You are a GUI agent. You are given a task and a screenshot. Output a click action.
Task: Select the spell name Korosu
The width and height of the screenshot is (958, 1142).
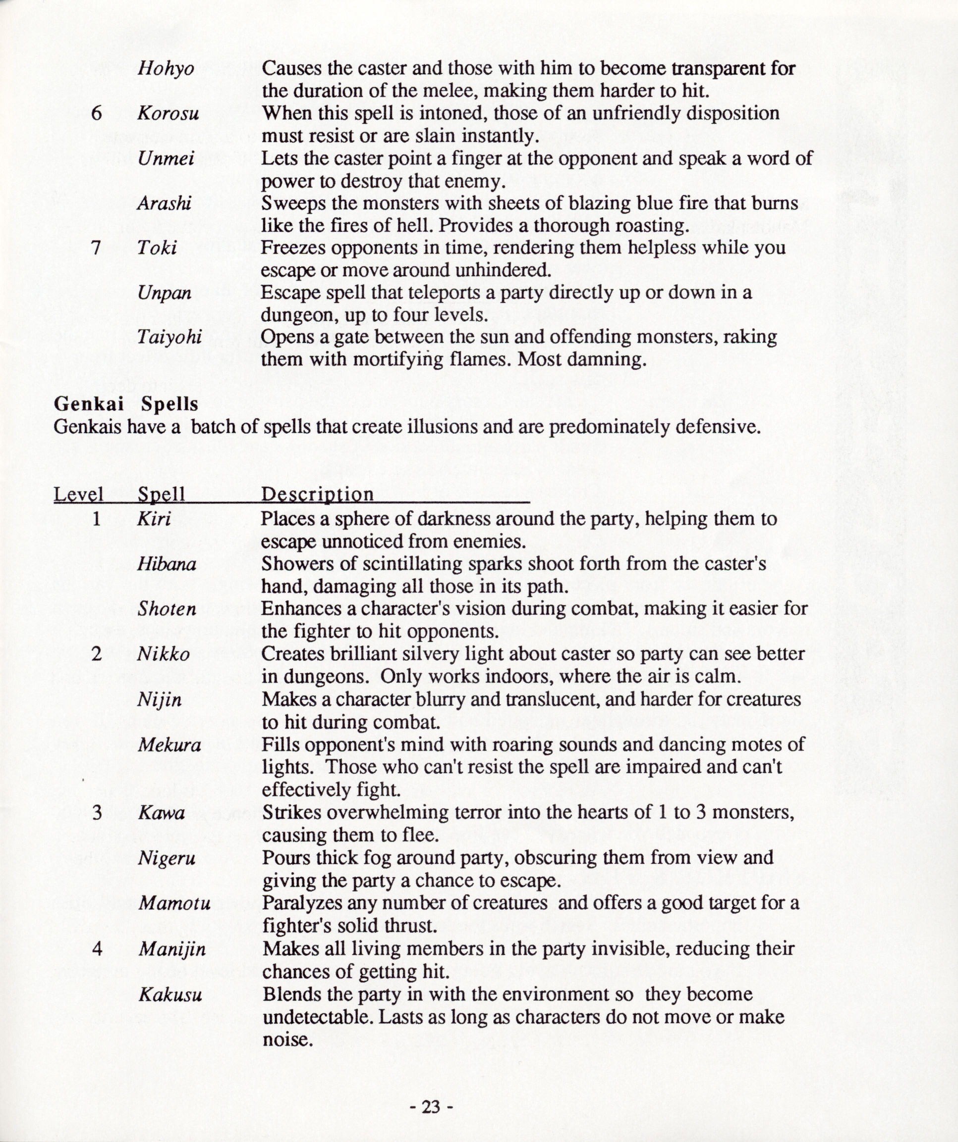click(168, 114)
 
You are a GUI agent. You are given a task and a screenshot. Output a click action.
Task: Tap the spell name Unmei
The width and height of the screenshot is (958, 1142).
click(166, 158)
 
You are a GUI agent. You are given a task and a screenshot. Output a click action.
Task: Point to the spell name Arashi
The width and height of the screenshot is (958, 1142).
click(164, 203)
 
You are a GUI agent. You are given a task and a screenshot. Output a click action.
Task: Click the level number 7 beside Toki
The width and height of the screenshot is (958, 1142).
click(96, 248)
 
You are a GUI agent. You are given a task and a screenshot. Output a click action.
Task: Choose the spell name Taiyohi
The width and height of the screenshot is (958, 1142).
click(169, 338)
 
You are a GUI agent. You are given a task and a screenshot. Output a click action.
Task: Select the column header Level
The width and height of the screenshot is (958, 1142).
click(78, 494)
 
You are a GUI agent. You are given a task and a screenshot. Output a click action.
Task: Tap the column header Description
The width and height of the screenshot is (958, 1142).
click(317, 495)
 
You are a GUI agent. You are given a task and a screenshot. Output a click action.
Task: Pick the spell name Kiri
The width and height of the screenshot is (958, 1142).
click(154, 519)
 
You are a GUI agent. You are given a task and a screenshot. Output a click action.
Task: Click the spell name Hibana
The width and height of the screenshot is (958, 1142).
click(167, 564)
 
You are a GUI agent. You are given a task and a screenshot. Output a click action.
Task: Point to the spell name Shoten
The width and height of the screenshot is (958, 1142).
click(167, 608)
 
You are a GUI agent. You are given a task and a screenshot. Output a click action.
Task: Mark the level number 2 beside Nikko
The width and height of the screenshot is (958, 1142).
click(96, 653)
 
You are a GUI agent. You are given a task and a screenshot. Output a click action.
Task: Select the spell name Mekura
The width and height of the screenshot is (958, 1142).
click(169, 745)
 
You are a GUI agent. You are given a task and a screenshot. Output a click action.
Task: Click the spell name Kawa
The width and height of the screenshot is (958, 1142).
click(161, 813)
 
